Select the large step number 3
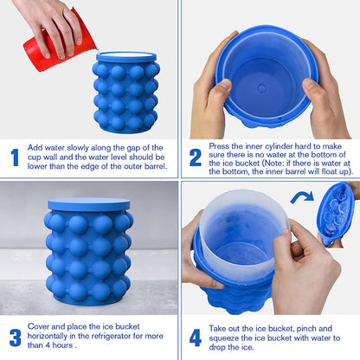pos(15,337)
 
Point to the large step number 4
pos(196,337)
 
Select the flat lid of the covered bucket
pos(89,204)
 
